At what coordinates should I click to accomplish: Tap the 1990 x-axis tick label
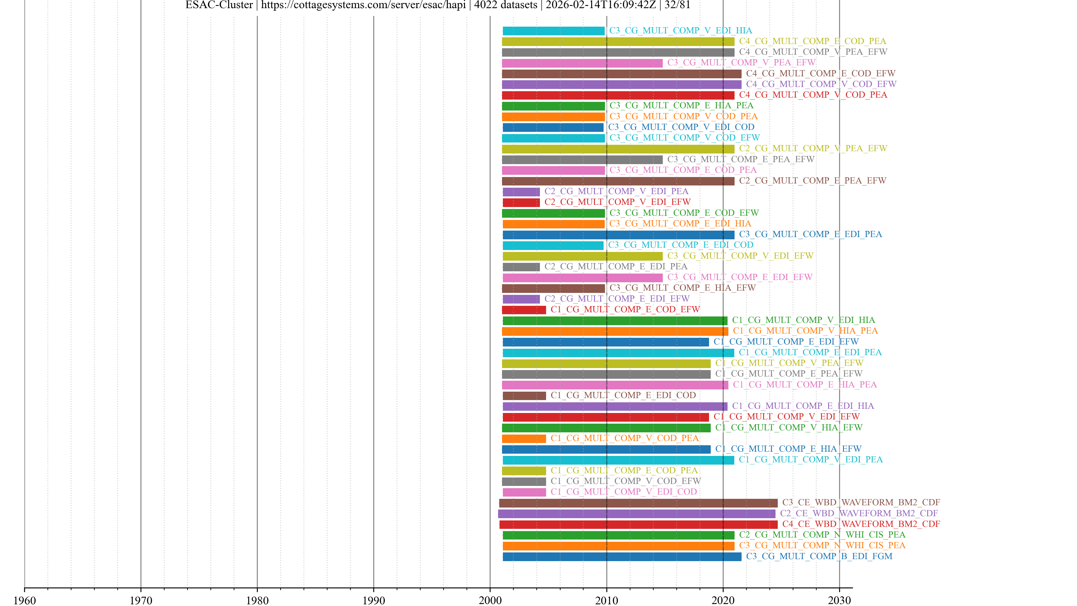tap(373, 600)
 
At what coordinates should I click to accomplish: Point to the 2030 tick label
tap(839, 600)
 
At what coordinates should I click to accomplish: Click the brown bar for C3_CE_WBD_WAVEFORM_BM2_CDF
tap(638, 503)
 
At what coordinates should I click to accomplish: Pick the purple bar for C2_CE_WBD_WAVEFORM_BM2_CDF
tap(636, 514)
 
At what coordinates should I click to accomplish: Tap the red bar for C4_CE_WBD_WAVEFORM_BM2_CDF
tap(638, 524)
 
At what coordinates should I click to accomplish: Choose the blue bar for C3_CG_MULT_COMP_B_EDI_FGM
tap(622, 557)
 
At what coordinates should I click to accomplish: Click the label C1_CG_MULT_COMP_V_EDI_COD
tap(623, 492)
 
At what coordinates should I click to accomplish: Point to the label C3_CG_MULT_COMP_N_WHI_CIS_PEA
tap(822, 545)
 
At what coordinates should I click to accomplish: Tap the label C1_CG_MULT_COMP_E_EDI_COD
tap(623, 395)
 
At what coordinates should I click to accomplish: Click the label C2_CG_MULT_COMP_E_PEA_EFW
tap(812, 181)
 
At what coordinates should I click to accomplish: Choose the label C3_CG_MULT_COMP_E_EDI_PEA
tap(810, 234)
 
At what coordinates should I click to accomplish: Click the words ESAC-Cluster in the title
tap(219, 5)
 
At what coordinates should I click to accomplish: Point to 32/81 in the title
tap(677, 5)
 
